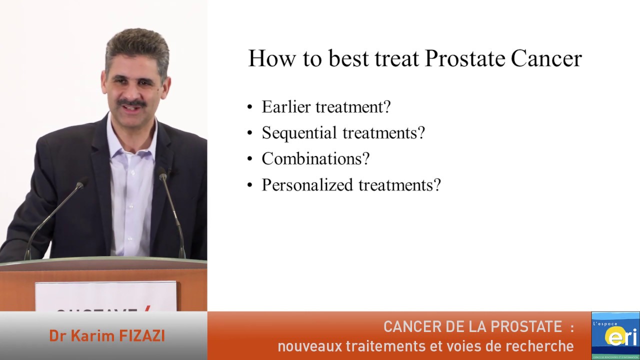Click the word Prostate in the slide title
(465, 58)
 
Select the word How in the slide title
(269, 58)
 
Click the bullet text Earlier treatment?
(326, 107)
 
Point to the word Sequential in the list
(299, 133)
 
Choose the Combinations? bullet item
(315, 159)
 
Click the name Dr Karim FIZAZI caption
(107, 336)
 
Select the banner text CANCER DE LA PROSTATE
(472, 327)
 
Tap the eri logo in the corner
(615, 335)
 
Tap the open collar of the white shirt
(131, 137)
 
